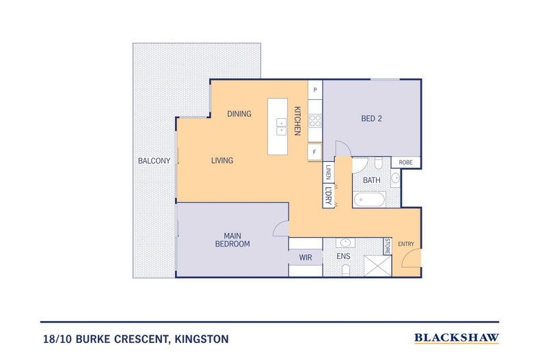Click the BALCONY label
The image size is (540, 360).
coord(154,161)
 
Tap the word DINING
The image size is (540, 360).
coord(239,114)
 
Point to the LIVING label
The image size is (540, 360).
coord(222,161)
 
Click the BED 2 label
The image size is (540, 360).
coord(371,118)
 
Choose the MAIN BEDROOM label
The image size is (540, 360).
coord(232,240)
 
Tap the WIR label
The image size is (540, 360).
coord(306,258)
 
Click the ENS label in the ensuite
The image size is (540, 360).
coord(343,258)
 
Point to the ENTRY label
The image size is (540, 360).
coord(406,244)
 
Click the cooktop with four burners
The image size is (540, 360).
coord(316,121)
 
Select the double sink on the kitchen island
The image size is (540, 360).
coord(281,126)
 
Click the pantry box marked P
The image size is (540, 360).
coord(315,89)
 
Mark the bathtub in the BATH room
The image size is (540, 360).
coord(370,199)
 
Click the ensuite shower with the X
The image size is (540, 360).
coord(377,264)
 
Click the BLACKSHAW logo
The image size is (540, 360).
coord(457,337)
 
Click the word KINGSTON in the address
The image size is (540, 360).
coord(202,338)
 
